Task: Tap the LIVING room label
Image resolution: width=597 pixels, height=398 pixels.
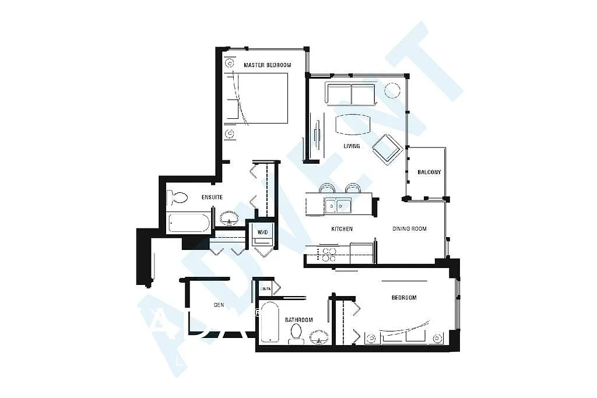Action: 352,146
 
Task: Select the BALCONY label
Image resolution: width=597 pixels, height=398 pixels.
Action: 429,172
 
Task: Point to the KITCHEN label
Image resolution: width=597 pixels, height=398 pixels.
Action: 342,229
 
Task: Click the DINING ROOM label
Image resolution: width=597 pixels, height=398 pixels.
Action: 409,229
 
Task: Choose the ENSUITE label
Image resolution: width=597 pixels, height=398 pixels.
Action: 212,198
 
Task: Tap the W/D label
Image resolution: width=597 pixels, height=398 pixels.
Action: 262,232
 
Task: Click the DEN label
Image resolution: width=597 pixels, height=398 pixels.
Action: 219,305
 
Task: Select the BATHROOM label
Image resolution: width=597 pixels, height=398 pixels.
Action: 298,320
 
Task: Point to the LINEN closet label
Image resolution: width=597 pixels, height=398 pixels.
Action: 265,288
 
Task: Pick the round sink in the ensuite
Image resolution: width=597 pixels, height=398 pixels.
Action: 229,219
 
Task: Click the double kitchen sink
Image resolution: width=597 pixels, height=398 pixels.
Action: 338,205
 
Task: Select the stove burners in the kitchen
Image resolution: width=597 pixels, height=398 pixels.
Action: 326,254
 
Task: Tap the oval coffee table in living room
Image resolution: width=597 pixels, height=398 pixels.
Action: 353,124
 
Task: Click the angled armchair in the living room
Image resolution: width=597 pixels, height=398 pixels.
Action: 387,149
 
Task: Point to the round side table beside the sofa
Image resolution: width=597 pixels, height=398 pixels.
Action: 392,90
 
